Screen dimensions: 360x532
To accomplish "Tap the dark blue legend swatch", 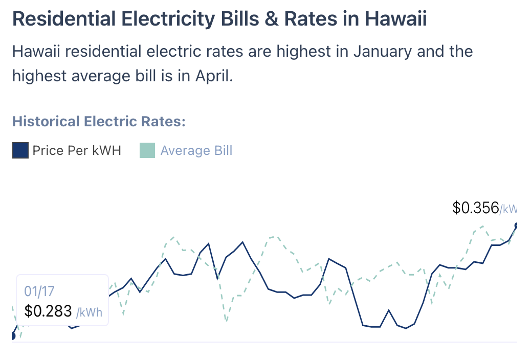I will (20, 150).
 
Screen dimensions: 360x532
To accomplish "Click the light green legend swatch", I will (147, 150).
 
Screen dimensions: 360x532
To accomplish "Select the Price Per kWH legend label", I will (77, 150).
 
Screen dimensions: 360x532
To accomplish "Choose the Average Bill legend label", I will (196, 150).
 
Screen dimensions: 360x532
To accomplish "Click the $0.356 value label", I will (476, 208).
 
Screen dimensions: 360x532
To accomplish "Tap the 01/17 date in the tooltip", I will (39, 291).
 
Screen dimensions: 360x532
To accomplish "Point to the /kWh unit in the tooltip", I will (89, 311).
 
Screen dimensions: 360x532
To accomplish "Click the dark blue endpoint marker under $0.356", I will (517, 226).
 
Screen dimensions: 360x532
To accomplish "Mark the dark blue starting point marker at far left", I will (13, 336).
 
